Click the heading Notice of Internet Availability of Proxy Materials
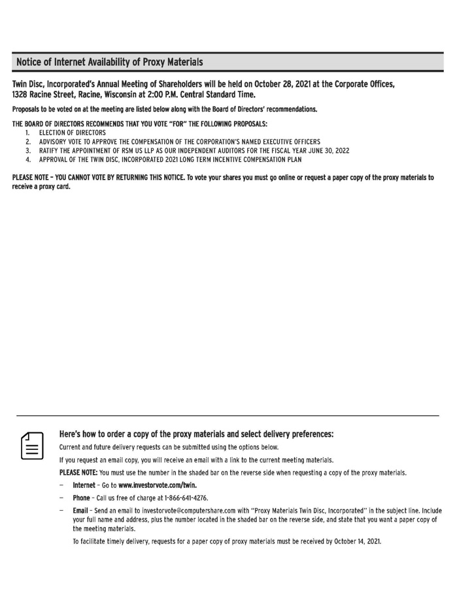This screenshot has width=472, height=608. tap(109, 63)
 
